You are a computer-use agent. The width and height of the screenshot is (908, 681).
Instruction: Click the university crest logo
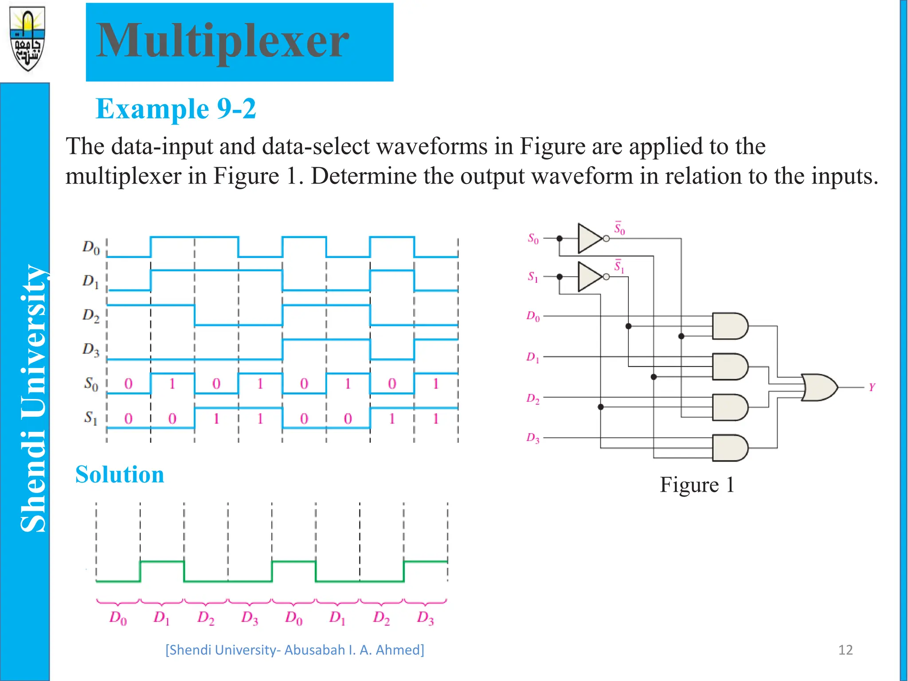click(x=27, y=39)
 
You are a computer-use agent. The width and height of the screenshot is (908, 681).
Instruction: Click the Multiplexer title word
click(x=223, y=41)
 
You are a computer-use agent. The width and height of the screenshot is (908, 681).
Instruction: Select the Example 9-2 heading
click(x=176, y=109)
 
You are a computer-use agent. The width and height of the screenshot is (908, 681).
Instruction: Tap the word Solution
click(x=120, y=474)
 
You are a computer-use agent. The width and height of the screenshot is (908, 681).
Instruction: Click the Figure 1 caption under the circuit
click(x=697, y=485)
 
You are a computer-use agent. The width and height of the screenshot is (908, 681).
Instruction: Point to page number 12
click(x=845, y=650)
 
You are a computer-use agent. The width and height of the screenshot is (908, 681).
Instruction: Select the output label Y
click(x=872, y=387)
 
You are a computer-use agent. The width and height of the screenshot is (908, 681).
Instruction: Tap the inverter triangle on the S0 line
click(x=590, y=239)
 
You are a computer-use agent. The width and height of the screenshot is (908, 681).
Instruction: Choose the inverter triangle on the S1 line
click(x=590, y=277)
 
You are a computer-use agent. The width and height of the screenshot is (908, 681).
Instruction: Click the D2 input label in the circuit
click(x=533, y=399)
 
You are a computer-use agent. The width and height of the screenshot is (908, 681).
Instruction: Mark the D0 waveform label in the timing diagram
click(x=91, y=247)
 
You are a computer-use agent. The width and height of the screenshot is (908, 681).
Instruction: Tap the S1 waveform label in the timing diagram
click(x=90, y=418)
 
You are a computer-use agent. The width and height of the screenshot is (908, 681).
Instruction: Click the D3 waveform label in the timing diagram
click(x=91, y=350)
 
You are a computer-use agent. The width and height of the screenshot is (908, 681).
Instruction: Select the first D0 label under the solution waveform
click(x=118, y=618)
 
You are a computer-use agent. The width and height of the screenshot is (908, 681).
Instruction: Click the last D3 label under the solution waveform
click(x=425, y=618)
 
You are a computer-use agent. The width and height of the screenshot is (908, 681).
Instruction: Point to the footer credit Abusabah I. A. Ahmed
click(x=294, y=650)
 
